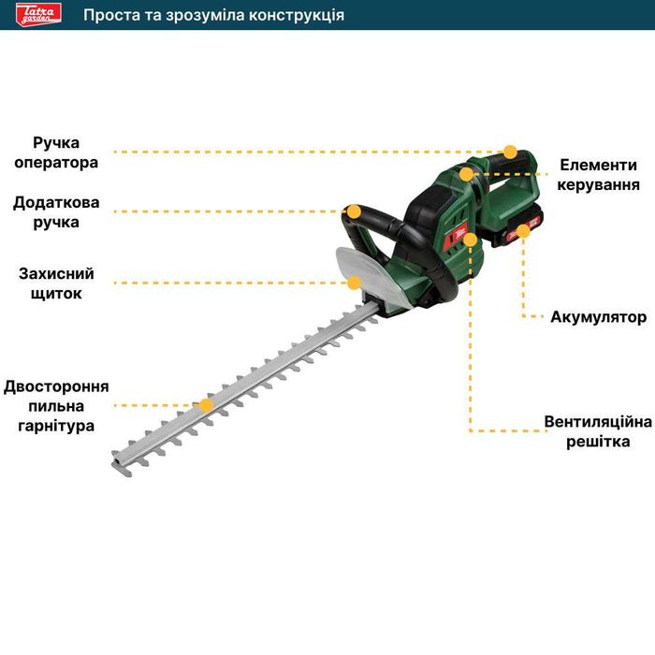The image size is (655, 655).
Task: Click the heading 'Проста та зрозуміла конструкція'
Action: tap(213, 15)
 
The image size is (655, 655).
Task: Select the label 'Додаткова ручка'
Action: tap(56, 212)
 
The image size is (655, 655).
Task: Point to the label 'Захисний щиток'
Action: tap(56, 284)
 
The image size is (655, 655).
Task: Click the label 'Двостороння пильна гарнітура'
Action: tap(56, 406)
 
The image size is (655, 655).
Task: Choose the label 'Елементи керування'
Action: tap(599, 174)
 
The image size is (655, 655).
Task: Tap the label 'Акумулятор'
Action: tap(598, 317)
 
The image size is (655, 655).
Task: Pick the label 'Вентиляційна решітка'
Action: tap(598, 431)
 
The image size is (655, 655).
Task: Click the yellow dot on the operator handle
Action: tap(510, 152)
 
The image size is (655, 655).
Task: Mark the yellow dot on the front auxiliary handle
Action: tap(354, 211)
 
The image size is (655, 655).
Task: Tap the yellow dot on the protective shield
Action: tap(354, 282)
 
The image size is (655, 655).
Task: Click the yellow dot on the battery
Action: tap(523, 231)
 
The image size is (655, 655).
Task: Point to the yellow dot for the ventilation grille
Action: tap(470, 240)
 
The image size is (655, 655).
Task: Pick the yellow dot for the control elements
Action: tap(466, 174)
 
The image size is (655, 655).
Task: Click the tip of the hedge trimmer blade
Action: tap(118, 459)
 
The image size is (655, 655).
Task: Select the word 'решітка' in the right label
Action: tap(598, 442)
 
